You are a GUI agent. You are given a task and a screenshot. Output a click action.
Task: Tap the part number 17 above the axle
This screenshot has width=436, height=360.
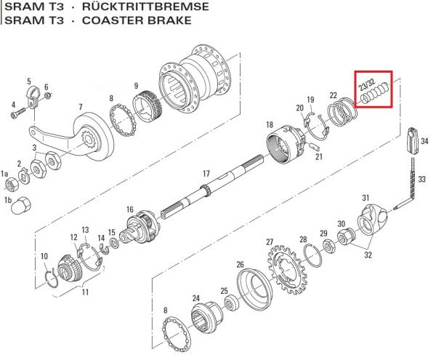click(x=206, y=174)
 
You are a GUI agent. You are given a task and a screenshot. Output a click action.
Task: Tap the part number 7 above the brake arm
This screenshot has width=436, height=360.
click(x=81, y=108)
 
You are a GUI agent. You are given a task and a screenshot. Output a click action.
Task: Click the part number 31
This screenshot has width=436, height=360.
click(x=366, y=197)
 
